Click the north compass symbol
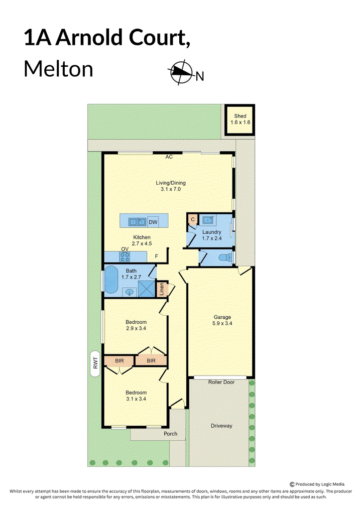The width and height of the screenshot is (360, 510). click(180, 72)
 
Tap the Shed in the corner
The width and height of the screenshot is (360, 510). click(240, 120)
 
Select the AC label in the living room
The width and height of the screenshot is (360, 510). click(169, 157)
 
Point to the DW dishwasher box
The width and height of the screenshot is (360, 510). click(153, 222)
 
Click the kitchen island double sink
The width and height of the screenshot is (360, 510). click(136, 222)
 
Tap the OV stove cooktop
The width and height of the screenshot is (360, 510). click(125, 257)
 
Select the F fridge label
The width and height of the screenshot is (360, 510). click(156, 256)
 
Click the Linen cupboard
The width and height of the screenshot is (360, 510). click(162, 288)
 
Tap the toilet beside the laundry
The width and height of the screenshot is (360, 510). click(226, 258)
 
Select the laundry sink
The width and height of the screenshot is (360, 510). click(207, 220)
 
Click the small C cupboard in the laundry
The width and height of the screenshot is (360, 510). click(193, 220)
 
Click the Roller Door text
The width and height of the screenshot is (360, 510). click(221, 382)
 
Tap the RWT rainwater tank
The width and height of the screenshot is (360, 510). click(95, 363)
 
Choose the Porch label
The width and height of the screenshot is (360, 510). click(170, 434)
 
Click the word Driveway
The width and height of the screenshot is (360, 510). click(222, 426)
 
